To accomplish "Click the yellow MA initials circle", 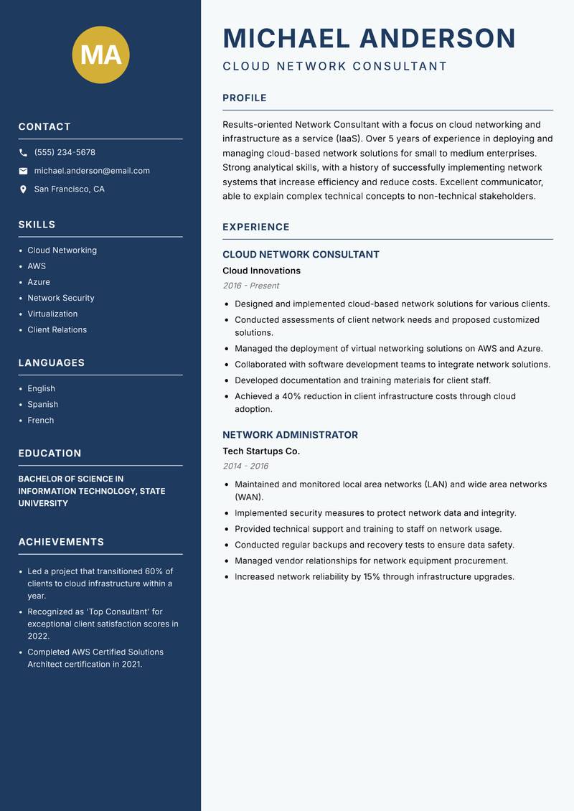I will click(x=100, y=55).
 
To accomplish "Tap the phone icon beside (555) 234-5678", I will click(x=23, y=153).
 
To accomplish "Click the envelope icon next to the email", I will click(x=23, y=171).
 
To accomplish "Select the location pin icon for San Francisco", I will click(x=23, y=189).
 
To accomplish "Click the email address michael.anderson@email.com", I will click(x=92, y=171).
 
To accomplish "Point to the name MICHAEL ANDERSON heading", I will click(x=369, y=38).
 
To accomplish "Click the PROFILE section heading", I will click(x=245, y=98).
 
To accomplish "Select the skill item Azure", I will click(x=39, y=282).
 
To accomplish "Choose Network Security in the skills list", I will click(x=61, y=298).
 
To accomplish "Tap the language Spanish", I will click(x=42, y=405).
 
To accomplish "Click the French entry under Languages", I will click(x=41, y=421).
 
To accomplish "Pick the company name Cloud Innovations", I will click(x=261, y=271).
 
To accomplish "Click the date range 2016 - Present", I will click(x=250, y=286).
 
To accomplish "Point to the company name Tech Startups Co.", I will click(x=261, y=451).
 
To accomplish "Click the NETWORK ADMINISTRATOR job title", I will click(x=290, y=435).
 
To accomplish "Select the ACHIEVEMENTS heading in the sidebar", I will click(x=61, y=542).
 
